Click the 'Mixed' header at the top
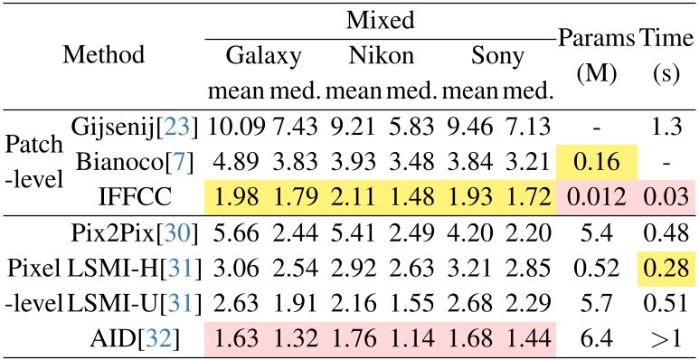click(378, 19)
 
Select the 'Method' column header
click(103, 54)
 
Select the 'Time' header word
click(665, 39)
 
